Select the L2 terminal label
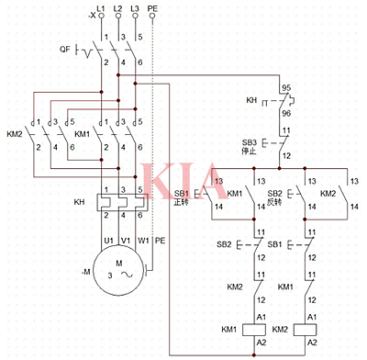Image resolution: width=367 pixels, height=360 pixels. point(119,7)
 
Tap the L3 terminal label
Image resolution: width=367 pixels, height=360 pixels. point(136,7)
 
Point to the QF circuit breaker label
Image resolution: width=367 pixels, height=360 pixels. point(64,49)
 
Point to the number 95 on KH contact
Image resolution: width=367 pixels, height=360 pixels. point(286,89)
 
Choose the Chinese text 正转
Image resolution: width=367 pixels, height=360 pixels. point(181,203)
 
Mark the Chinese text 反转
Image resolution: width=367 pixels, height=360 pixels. point(274,203)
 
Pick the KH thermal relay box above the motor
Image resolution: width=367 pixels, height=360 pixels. point(119,203)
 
